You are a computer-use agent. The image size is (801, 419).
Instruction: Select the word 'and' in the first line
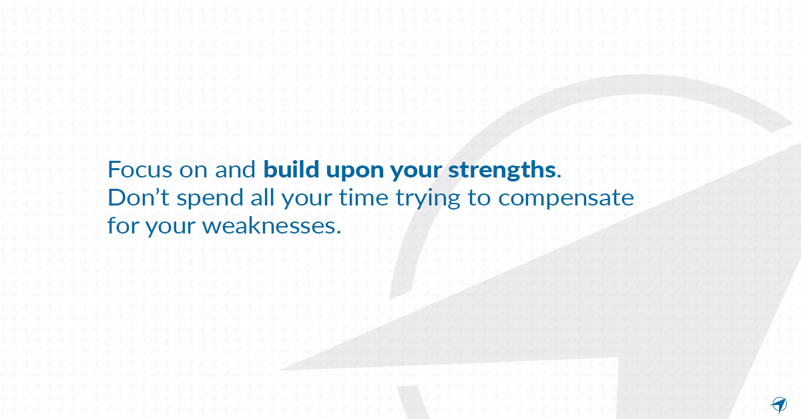[236, 169]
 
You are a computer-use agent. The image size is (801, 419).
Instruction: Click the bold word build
[290, 169]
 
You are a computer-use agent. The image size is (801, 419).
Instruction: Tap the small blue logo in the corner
[779, 404]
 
